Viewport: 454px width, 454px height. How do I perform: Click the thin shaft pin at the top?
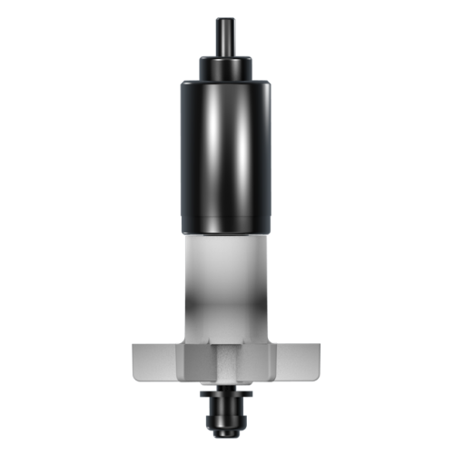click(226, 36)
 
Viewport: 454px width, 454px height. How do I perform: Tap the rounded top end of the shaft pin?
click(226, 19)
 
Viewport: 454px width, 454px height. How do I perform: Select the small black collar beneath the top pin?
click(226, 66)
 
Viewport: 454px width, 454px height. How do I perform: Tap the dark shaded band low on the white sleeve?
click(226, 318)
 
